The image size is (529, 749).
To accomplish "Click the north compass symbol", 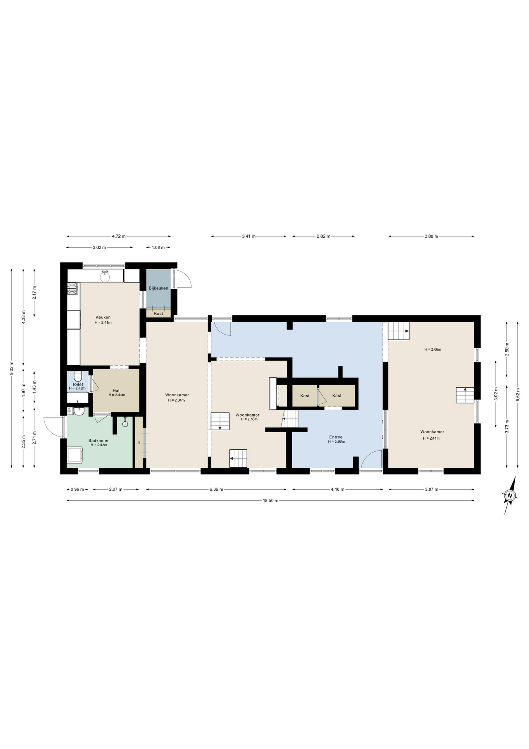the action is pyautogui.click(x=510, y=495).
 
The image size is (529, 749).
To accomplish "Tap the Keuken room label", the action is pyautogui.click(x=103, y=317).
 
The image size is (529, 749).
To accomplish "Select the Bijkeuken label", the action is pyautogui.click(x=159, y=288).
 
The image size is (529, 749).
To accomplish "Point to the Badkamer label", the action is pyautogui.click(x=99, y=440).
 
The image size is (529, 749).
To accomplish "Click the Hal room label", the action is pyautogui.click(x=116, y=390).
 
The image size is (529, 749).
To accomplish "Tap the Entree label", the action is pyautogui.click(x=336, y=437).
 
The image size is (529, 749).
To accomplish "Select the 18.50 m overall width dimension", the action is pyautogui.click(x=271, y=501).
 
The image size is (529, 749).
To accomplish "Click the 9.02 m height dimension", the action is pyautogui.click(x=12, y=368).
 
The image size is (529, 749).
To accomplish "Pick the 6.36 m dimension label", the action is pyautogui.click(x=216, y=489).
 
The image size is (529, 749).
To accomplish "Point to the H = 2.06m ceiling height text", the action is pyautogui.click(x=433, y=350).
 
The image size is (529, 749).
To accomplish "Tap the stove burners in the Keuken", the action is pyautogui.click(x=72, y=288).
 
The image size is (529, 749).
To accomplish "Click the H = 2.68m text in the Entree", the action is pyautogui.click(x=336, y=442).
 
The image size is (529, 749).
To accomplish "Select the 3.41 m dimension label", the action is pyautogui.click(x=249, y=236).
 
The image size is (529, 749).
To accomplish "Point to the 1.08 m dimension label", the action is pyautogui.click(x=158, y=247).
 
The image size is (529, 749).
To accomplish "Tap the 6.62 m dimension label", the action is pyautogui.click(x=518, y=394).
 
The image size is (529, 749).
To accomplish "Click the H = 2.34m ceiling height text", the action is pyautogui.click(x=176, y=400).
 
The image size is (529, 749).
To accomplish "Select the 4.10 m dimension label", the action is pyautogui.click(x=337, y=489).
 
